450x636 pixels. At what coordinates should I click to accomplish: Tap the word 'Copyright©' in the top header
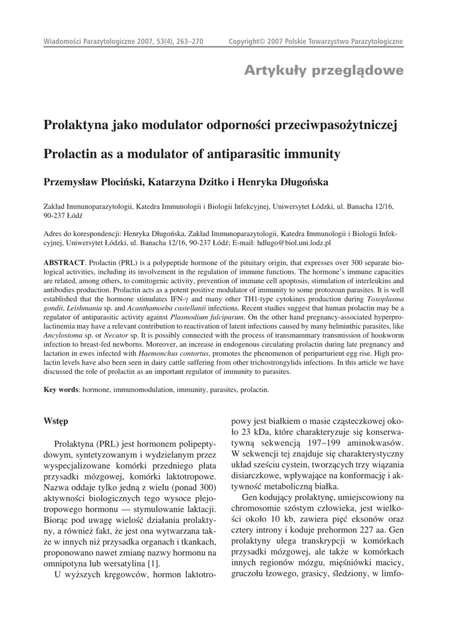249,42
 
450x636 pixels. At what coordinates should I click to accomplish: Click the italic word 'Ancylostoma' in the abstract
62,335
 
